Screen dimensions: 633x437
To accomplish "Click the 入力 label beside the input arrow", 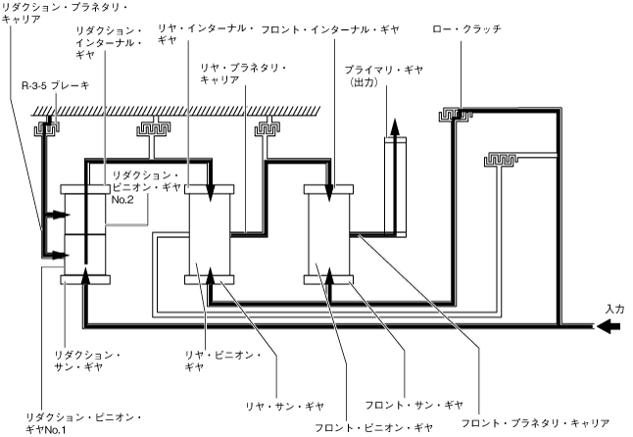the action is tap(614, 309).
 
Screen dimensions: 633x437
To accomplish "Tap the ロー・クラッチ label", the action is tap(466, 29).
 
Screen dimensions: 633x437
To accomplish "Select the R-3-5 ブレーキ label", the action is tap(55, 85).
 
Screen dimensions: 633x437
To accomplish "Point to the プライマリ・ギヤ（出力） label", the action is tap(383, 75).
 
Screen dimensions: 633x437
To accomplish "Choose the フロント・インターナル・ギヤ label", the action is tap(330, 29).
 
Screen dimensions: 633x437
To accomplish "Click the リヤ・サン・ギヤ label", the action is tap(285, 407).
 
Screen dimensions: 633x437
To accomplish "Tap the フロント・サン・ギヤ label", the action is tap(414, 405).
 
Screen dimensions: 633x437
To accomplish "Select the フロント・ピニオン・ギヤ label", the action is tap(374, 427).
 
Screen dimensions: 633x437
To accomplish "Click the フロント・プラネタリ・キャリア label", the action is tap(535, 423).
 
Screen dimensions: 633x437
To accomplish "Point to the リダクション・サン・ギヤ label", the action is tap(88, 361).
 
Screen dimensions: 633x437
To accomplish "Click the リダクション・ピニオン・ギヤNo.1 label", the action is tap(84, 423).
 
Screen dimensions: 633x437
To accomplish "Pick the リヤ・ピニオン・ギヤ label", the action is tap(222, 361).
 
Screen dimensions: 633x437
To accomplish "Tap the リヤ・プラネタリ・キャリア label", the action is tap(243, 73).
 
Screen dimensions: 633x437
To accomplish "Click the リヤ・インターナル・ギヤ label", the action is tap(206, 34).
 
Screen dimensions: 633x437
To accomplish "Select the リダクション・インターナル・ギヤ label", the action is tap(109, 42).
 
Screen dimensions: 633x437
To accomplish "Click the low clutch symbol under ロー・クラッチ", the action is tap(456, 115).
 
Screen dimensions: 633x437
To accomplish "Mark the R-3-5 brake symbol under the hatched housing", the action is tap(46, 128).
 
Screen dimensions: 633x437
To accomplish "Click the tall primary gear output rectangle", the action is tap(395, 187).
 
